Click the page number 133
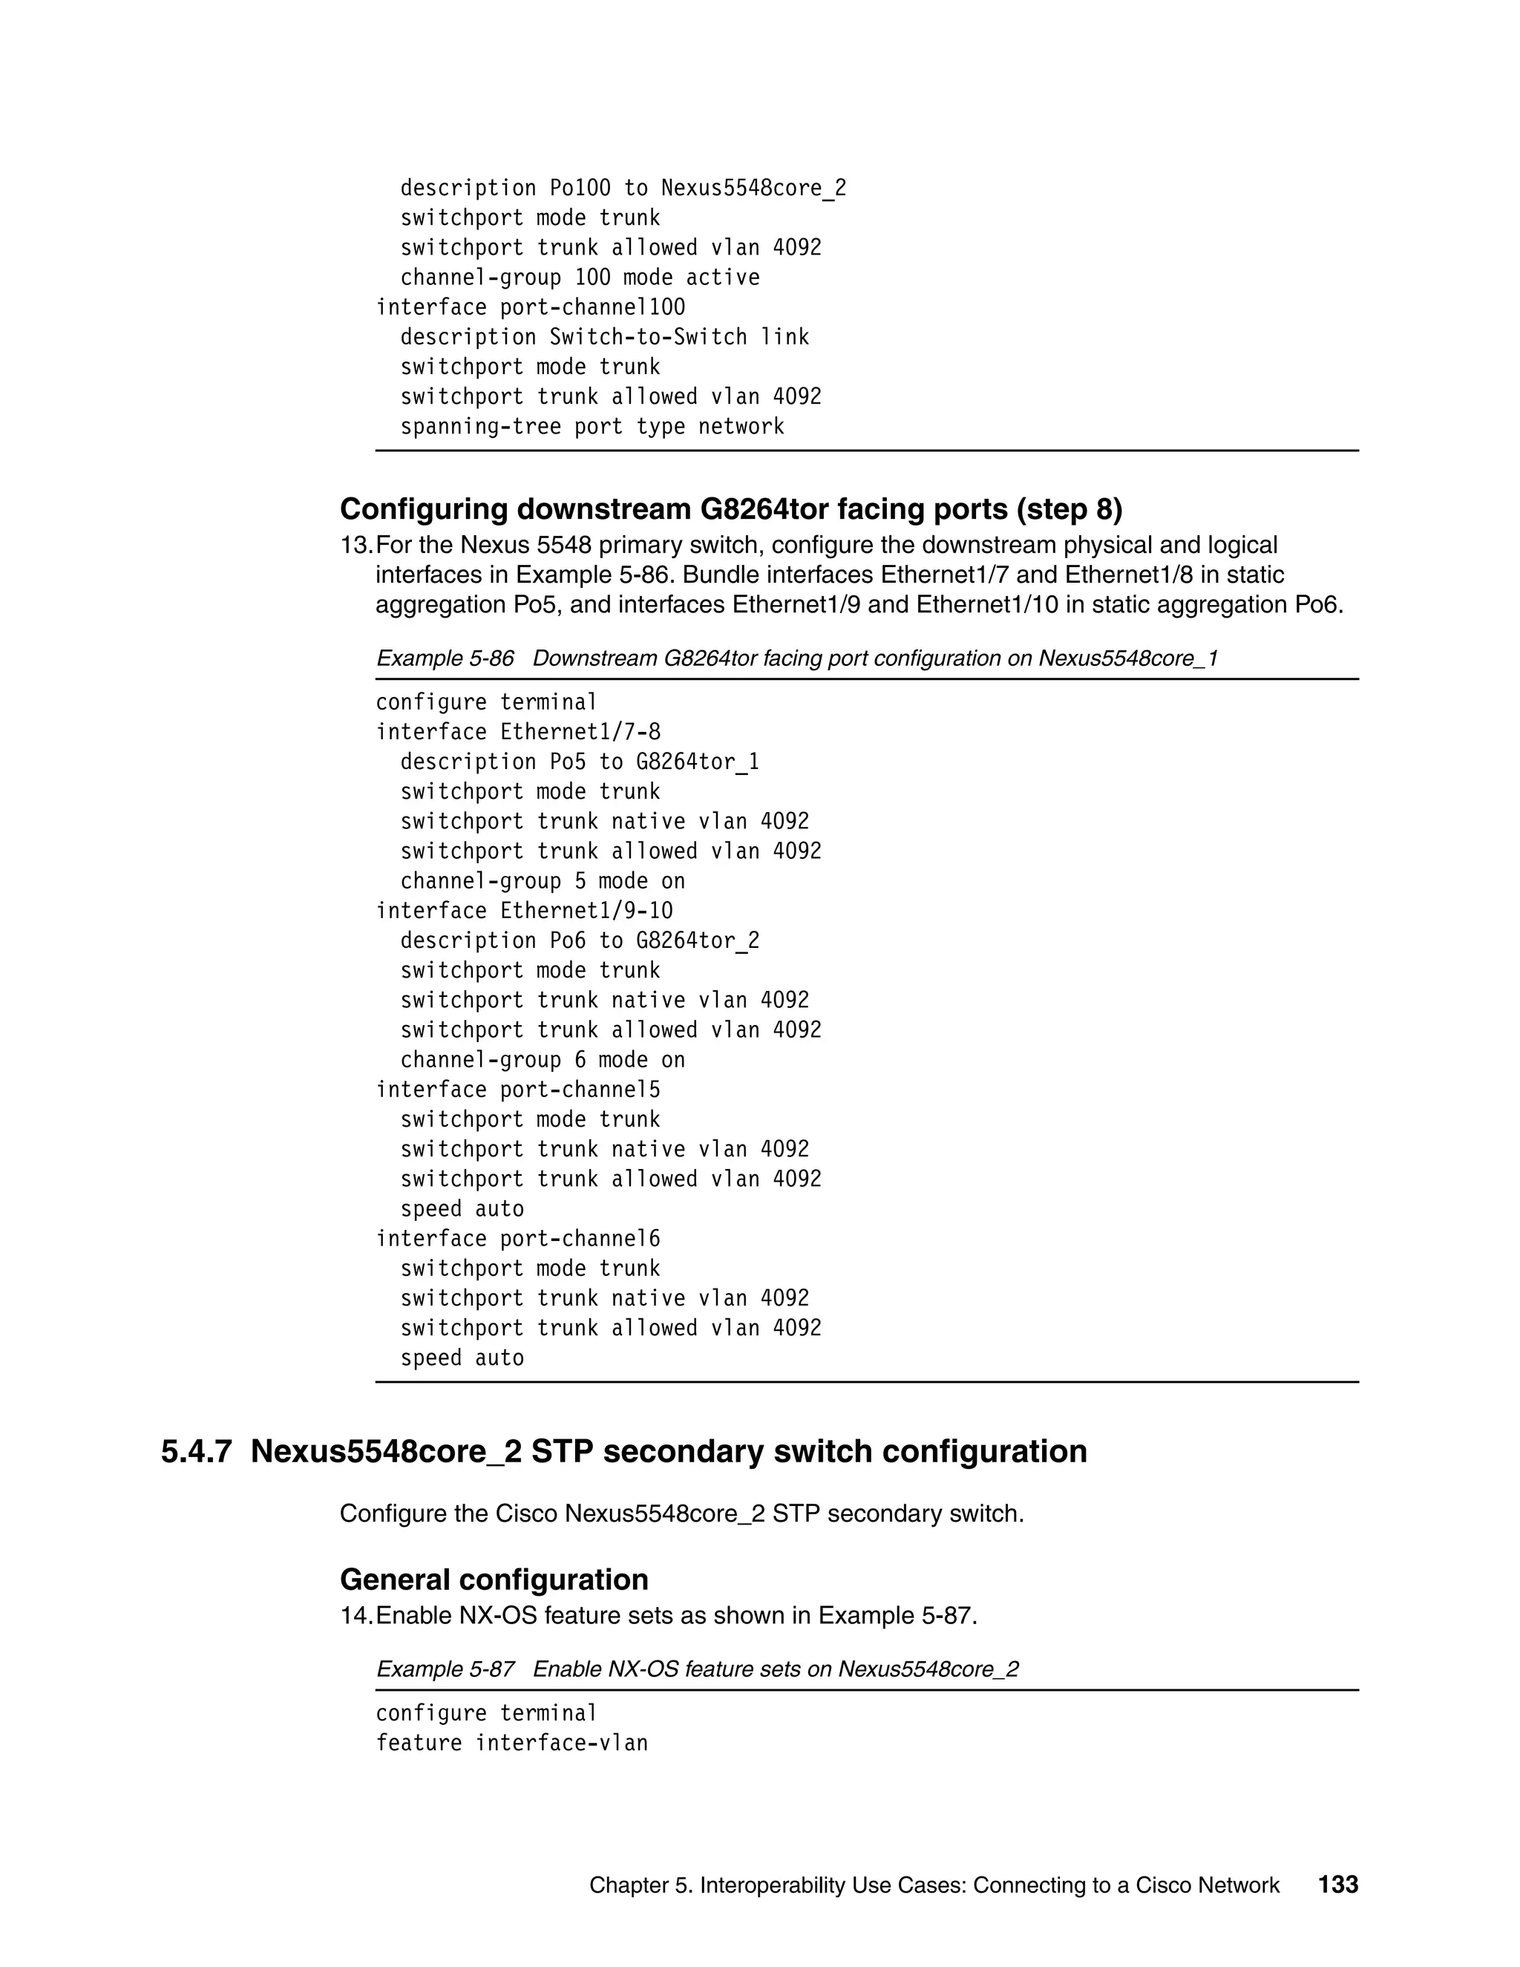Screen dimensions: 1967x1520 pos(1337,1884)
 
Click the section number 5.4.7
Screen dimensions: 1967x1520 pos(196,1452)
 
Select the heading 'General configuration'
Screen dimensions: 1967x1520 pos(494,1580)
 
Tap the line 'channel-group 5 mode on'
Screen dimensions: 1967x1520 pos(542,881)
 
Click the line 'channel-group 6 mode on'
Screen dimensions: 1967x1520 pos(542,1060)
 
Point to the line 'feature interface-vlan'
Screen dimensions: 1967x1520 pos(511,1743)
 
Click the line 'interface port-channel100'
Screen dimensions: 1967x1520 pos(531,307)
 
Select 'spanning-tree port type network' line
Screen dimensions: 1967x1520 pos(592,427)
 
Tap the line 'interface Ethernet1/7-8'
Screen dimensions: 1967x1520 pos(518,732)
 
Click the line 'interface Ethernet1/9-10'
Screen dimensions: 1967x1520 pos(524,911)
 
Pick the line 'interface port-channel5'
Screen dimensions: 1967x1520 pos(518,1090)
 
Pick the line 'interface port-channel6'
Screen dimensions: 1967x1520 pos(518,1238)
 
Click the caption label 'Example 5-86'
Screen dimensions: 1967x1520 pos(445,658)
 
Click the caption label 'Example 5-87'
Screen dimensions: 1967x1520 pos(445,1669)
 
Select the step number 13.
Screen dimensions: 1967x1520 pos(355,546)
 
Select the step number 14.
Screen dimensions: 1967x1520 pos(355,1616)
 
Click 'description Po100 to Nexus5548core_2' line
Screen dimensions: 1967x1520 pos(623,189)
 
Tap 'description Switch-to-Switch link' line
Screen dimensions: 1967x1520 pos(604,337)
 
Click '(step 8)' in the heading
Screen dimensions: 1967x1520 pos(1069,510)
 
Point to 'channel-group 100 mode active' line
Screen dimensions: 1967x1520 pos(580,278)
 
